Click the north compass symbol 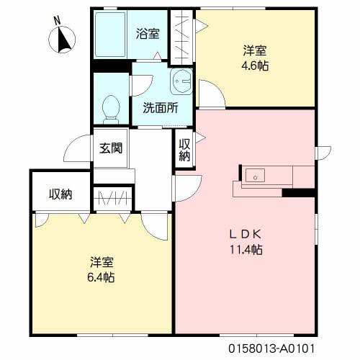[62, 40]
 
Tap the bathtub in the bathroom [110, 34]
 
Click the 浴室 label [148, 33]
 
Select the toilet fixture [111, 109]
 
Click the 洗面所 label [161, 108]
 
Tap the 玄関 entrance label [111, 148]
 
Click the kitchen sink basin [255, 175]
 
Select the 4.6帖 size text [255, 66]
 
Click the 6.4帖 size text [101, 277]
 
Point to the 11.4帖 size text [246, 249]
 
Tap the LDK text [246, 234]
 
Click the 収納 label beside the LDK [184, 150]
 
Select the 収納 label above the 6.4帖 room [60, 194]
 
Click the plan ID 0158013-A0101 [271, 348]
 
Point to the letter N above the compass [57, 21]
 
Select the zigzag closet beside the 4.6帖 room [181, 37]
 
